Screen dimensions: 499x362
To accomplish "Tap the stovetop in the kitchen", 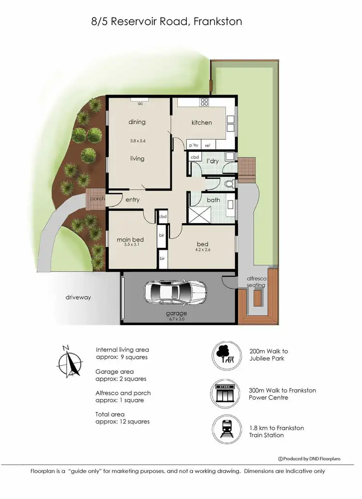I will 204,102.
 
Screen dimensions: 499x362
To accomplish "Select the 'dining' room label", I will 137,122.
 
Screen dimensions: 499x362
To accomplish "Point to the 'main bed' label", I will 131,239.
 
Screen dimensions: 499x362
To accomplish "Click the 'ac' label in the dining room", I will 140,103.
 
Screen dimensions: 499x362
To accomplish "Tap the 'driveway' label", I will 78,297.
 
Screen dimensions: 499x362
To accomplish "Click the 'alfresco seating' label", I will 256,282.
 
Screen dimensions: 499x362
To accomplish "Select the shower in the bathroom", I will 199,213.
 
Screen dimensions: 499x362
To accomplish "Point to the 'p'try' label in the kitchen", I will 194,145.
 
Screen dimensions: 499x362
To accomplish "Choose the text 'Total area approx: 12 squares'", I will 123,418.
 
